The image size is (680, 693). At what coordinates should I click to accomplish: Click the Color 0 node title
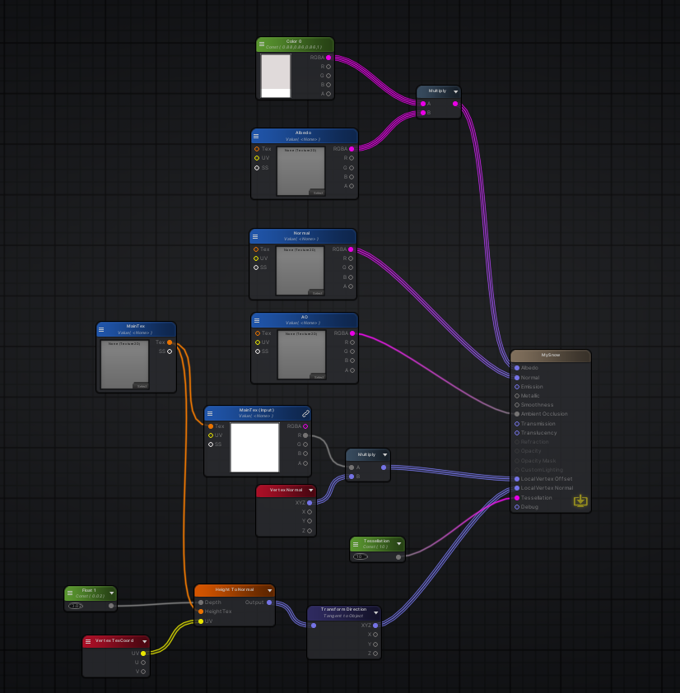294,41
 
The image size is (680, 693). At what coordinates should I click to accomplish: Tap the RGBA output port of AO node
352,333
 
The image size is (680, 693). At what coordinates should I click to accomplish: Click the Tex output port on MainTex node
170,342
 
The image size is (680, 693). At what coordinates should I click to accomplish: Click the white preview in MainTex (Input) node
254,447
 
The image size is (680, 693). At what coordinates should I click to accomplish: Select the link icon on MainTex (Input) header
306,412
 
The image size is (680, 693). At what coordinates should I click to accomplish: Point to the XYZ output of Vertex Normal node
310,502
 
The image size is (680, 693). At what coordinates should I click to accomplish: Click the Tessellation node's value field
361,556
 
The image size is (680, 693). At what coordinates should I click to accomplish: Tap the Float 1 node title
89,590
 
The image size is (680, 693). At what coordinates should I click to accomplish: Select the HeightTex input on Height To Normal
200,612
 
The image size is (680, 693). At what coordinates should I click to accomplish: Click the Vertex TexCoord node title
114,640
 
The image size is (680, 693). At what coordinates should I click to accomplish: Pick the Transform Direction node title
344,610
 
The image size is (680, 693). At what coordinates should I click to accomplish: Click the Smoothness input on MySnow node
517,405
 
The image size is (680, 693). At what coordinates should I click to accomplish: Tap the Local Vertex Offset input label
547,479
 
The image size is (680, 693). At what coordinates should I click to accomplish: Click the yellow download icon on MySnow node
580,500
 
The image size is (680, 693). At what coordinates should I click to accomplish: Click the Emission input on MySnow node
517,387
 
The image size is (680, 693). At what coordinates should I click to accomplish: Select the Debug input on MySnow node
517,507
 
